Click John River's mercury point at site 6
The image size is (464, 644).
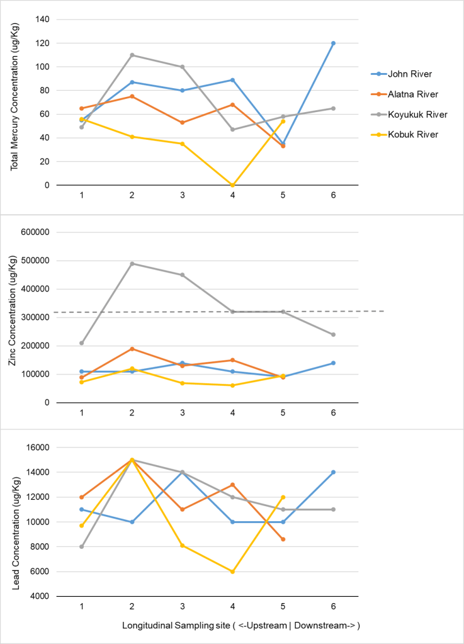[x=334, y=43]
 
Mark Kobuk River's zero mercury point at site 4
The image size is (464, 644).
[x=233, y=185]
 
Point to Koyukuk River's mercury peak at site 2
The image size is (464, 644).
[x=132, y=55]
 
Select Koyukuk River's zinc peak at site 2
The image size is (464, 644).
[x=132, y=264]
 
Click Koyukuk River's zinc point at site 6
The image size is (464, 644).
[x=334, y=334]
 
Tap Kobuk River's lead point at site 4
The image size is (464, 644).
[x=233, y=572]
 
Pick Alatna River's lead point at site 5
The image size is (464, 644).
[x=283, y=539]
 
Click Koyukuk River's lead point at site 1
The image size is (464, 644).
[x=82, y=546]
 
